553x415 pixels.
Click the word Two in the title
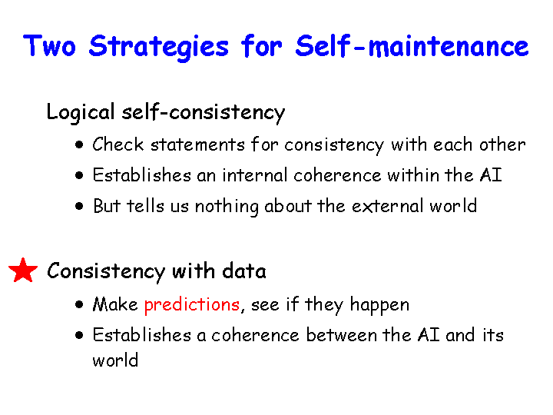coord(49,46)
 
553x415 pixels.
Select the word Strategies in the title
coord(159,48)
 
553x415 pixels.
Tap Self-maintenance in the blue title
coord(412,46)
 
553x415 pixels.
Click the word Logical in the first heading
coord(81,113)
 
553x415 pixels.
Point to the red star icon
coord(23,271)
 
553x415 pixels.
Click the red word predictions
coord(192,305)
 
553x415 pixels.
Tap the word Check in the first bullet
coord(118,144)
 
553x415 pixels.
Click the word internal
coord(255,175)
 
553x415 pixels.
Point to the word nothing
coord(227,207)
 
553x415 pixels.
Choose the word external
coord(387,206)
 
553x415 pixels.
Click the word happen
coord(379,305)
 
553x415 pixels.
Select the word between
coord(341,334)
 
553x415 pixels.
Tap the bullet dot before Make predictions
coord(79,304)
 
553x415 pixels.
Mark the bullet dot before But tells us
coord(79,206)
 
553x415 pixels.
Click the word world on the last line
coord(115,360)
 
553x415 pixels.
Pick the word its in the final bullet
coord(492,334)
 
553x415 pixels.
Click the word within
coord(412,175)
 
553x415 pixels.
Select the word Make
coord(115,304)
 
